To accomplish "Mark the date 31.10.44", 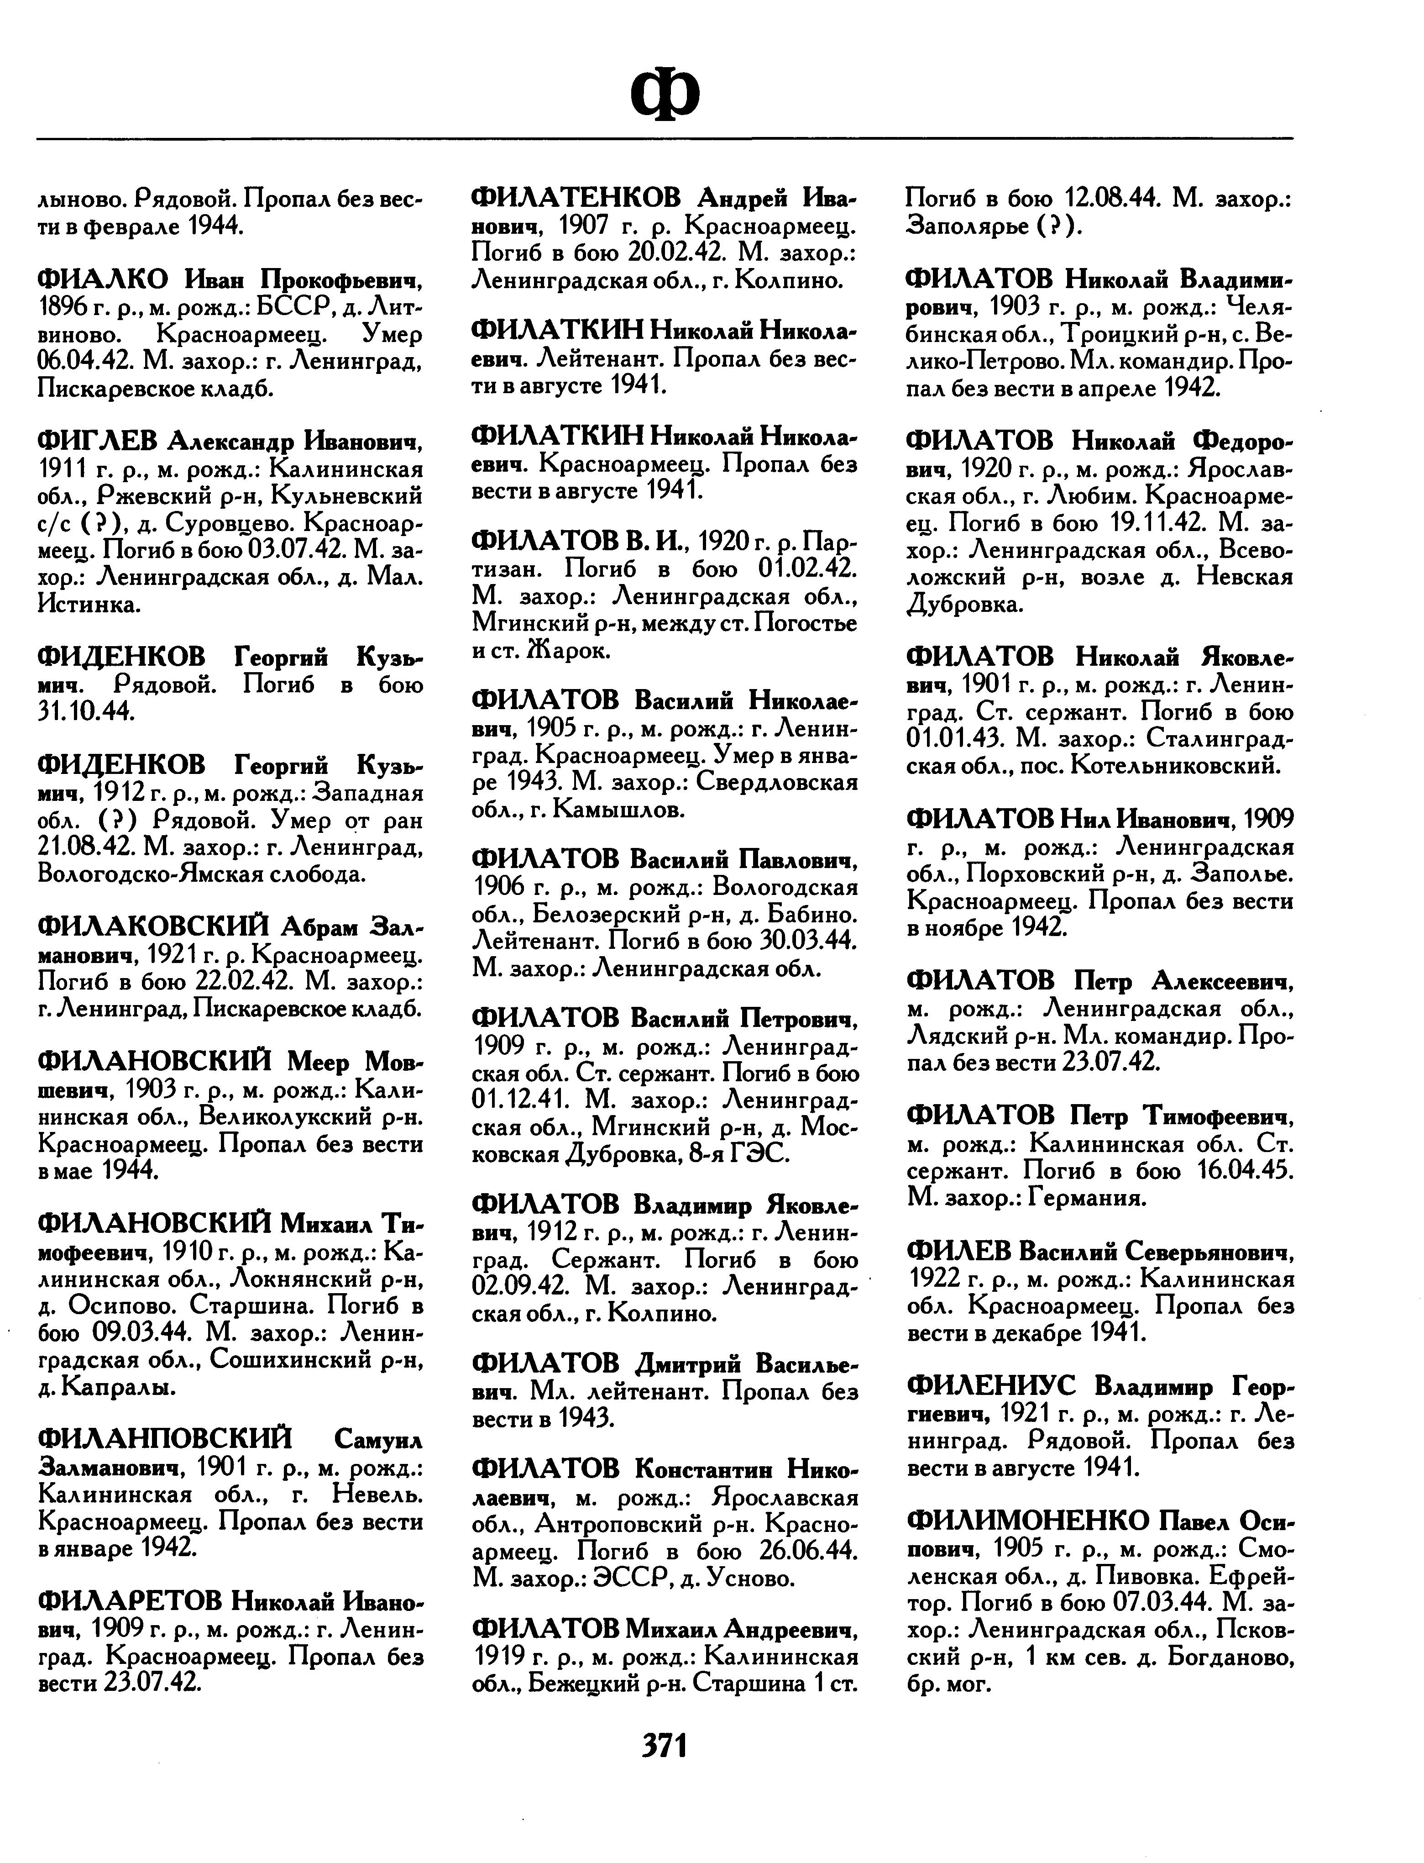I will (x=87, y=711).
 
